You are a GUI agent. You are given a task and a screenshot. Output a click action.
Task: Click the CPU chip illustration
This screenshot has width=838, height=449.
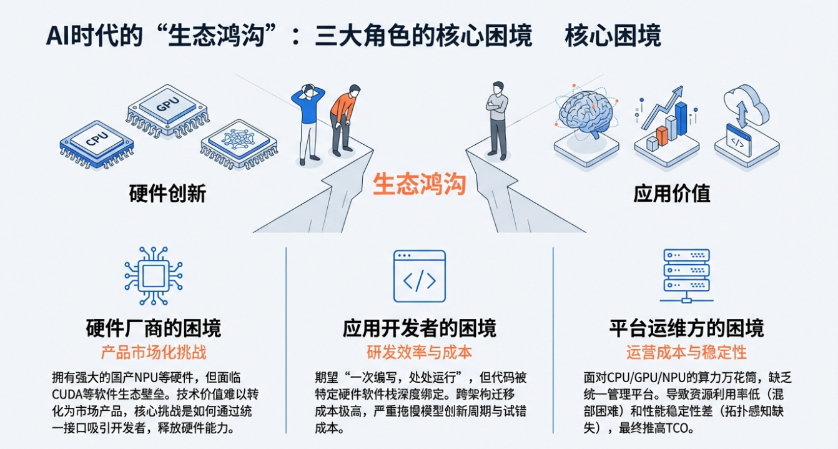(96, 142)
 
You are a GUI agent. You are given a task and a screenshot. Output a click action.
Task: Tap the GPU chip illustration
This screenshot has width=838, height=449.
(167, 108)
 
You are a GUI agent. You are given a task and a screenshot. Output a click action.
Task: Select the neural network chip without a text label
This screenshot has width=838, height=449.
(239, 144)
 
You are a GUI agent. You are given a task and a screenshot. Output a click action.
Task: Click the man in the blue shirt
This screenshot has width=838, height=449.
(307, 122)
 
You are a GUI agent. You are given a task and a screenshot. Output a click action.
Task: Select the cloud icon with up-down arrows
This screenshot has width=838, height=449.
(745, 122)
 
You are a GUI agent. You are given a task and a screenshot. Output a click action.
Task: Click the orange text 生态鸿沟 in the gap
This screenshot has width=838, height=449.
(419, 185)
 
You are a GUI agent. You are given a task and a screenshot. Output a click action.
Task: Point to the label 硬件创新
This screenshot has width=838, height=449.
(167, 194)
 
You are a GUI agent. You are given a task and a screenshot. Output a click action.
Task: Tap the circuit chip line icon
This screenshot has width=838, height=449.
(153, 275)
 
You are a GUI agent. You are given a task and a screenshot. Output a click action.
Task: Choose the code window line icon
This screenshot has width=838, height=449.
(419, 276)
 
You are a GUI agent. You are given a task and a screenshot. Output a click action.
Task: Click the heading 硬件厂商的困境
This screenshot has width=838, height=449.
(153, 328)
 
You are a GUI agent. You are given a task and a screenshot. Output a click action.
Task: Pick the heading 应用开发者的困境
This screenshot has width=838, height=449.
(419, 328)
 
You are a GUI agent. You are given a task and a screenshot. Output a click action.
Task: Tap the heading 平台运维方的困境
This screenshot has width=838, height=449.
(686, 328)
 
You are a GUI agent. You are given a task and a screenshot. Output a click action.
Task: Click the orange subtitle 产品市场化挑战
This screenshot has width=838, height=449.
(153, 352)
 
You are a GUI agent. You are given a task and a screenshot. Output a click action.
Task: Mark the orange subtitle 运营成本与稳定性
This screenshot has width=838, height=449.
(686, 352)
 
